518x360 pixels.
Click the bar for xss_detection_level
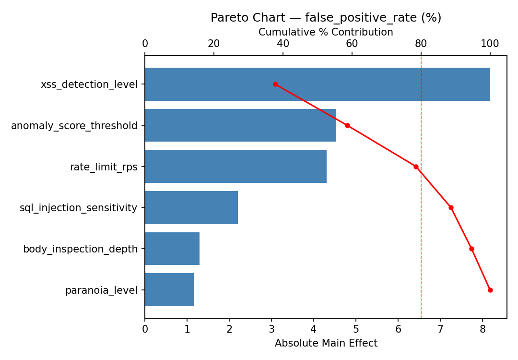(317, 84)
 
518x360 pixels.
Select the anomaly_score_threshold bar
(240, 125)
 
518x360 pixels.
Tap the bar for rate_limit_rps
(235, 167)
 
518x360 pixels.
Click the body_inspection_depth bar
(172, 249)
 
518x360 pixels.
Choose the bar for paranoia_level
(169, 290)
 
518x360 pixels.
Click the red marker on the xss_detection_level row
(275, 84)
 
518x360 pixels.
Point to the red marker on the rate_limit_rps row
(416, 167)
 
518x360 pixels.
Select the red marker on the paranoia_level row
(490, 290)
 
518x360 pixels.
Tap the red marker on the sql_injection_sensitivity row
(451, 208)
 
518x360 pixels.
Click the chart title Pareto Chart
(326, 18)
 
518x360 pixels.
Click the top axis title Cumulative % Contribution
(326, 32)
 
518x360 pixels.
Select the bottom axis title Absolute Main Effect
(326, 344)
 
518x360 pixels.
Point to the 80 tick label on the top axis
(421, 44)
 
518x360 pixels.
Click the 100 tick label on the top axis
(490, 44)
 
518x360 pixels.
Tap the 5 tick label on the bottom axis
(356, 329)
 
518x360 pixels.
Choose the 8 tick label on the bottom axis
(483, 329)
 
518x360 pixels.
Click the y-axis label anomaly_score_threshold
(74, 126)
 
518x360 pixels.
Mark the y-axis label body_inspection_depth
(80, 249)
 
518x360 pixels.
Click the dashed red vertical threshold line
(421, 240)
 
